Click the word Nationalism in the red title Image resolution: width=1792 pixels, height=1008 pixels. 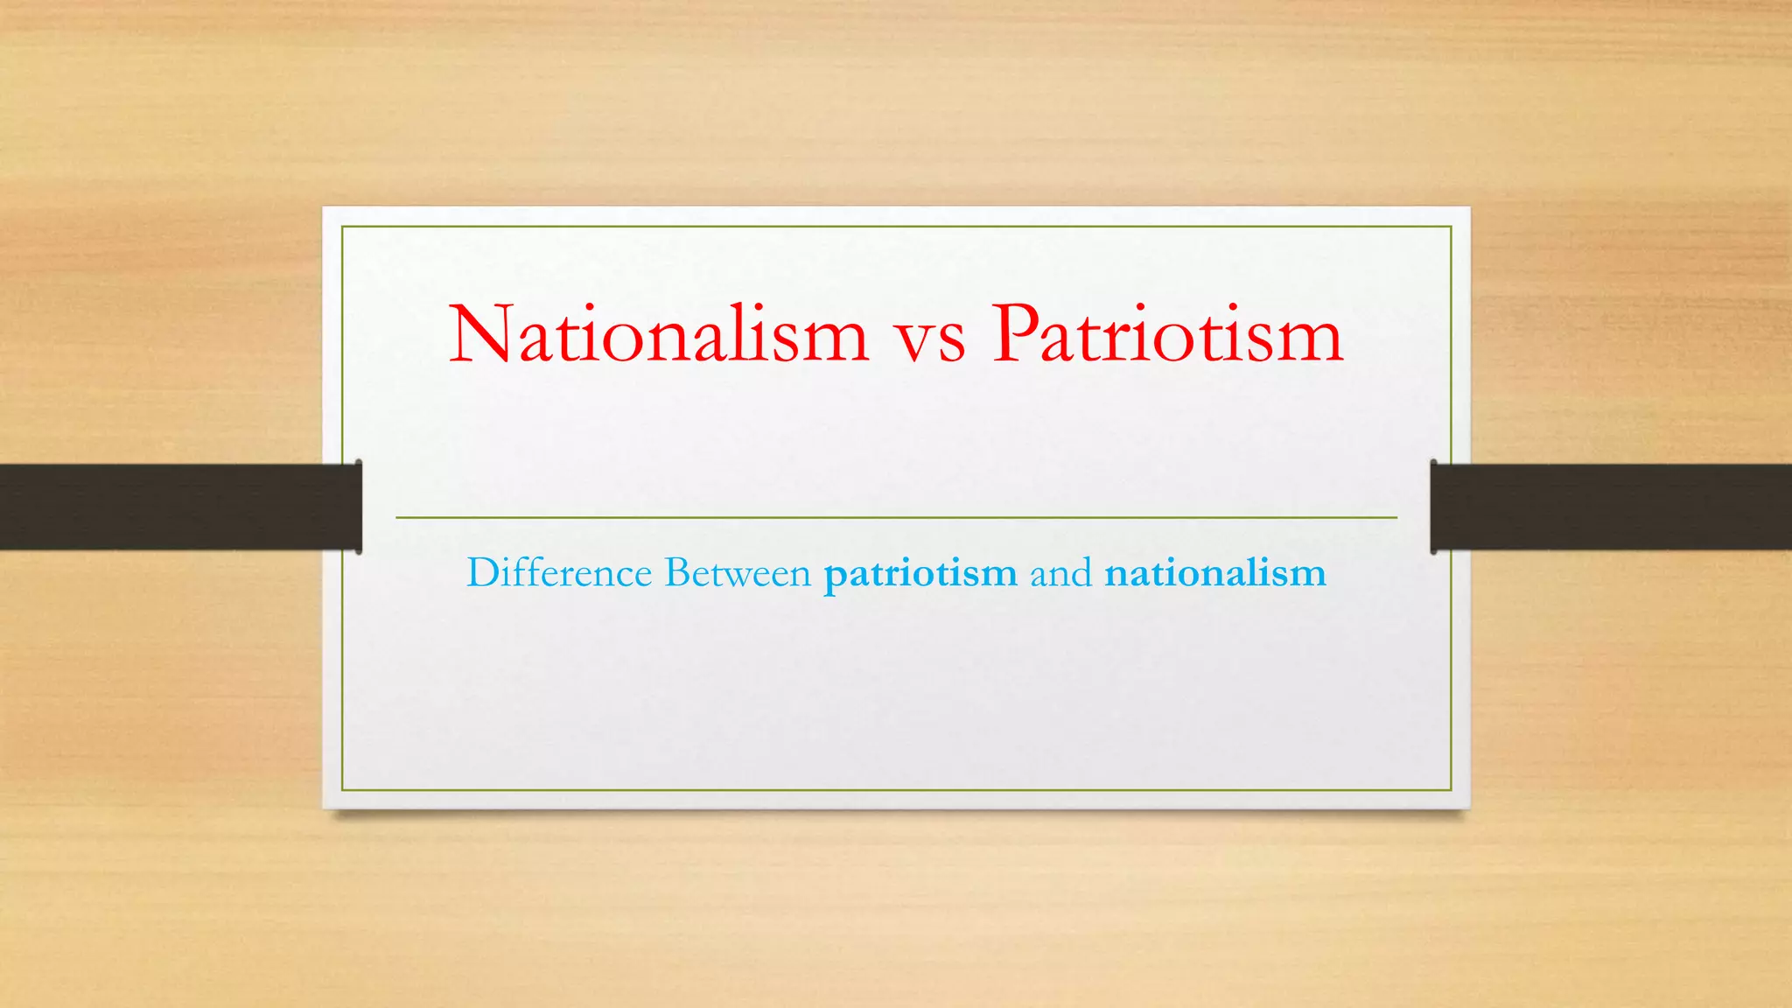pos(658,334)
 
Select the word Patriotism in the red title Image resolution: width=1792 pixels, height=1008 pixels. pos(1167,334)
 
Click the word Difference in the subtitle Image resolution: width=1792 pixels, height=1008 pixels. pos(559,573)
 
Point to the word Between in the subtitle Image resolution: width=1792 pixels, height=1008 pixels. pos(738,573)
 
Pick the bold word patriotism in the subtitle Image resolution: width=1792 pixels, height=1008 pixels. pos(920,575)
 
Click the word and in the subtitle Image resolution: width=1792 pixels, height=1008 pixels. pos(1060,574)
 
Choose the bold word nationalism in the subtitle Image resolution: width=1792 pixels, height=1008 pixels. pos(1215,574)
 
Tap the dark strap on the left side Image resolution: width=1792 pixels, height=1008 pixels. pos(175,507)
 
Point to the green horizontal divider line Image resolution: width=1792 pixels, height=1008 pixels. pos(896,518)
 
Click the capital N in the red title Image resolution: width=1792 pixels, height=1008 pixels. pos(479,334)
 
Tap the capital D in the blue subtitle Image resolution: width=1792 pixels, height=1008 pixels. pos(483,573)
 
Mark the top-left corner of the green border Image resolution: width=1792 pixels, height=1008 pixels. pos(342,227)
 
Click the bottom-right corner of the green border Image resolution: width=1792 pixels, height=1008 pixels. pos(1451,790)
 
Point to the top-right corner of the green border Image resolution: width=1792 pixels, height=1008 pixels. pos(1451,227)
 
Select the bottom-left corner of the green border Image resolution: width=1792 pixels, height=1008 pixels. pos(342,790)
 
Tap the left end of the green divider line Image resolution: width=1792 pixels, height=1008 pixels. pos(397,518)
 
